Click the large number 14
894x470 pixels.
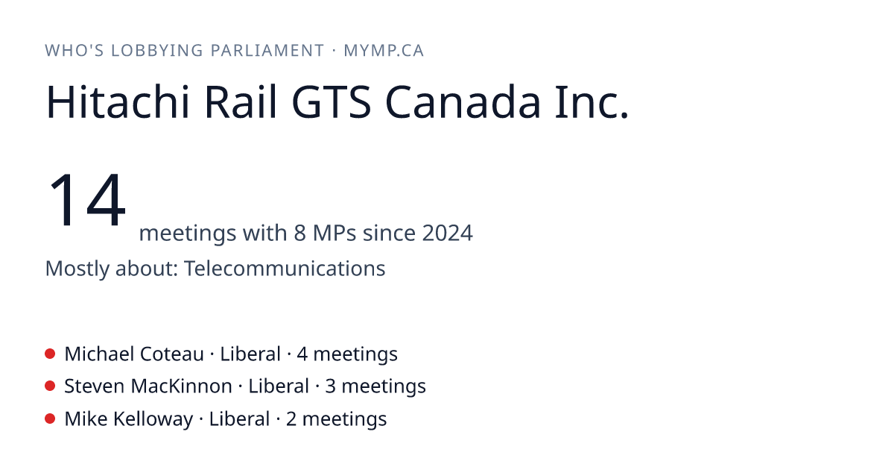pyautogui.click(x=86, y=199)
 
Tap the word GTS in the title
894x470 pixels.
pyautogui.click(x=332, y=102)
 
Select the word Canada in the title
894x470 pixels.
pyautogui.click(x=463, y=102)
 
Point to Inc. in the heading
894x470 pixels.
pyautogui.click(x=592, y=102)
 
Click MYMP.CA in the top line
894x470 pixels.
pyautogui.click(x=384, y=51)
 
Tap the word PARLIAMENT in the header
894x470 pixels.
pyautogui.click(x=267, y=51)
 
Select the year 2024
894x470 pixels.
pyautogui.click(x=448, y=233)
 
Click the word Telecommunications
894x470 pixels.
pyautogui.click(x=285, y=268)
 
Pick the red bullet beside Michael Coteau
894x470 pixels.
pyautogui.click(x=50, y=354)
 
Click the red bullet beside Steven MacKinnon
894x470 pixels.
pyautogui.click(x=50, y=386)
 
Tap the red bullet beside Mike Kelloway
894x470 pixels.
pyautogui.click(x=50, y=419)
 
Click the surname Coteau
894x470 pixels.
pyautogui.click(x=171, y=354)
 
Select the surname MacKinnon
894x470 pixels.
pyautogui.click(x=181, y=386)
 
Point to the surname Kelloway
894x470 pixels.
pyautogui.click(x=153, y=419)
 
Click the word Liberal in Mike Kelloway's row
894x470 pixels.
pyautogui.click(x=239, y=419)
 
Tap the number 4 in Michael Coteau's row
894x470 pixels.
pyautogui.click(x=302, y=354)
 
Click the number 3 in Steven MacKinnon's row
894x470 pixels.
pyautogui.click(x=331, y=386)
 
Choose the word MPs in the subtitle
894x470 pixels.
pyautogui.click(x=335, y=233)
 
